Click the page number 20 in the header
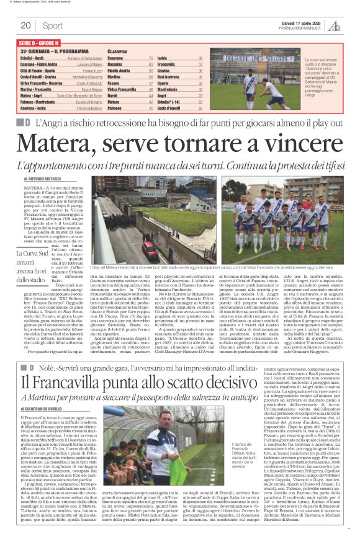[25, 25]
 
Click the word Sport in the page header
[52, 25]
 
